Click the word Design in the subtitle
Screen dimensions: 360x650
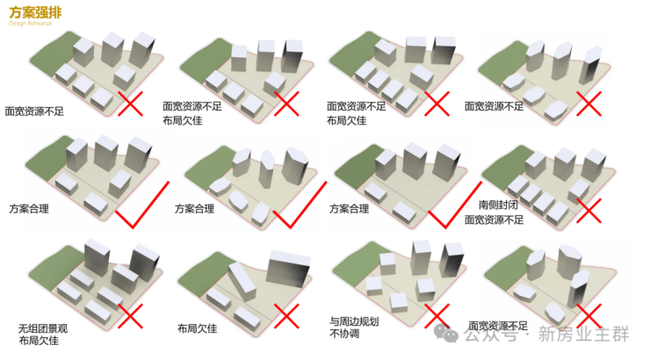tap(17, 24)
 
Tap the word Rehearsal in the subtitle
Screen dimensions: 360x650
tap(38, 24)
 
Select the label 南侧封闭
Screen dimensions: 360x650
tap(497, 204)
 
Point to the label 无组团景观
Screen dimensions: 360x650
tap(39, 326)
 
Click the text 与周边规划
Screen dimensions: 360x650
tap(355, 321)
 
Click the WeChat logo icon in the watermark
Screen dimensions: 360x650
tap(450, 334)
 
